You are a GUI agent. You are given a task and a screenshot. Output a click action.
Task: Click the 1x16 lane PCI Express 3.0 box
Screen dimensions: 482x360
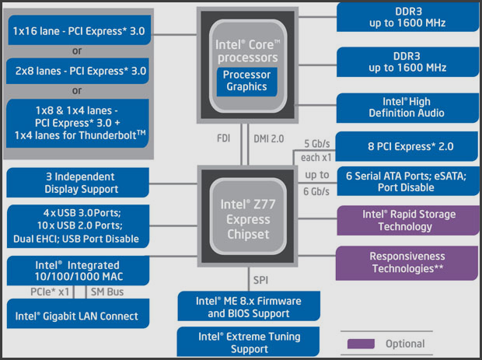pos(79,30)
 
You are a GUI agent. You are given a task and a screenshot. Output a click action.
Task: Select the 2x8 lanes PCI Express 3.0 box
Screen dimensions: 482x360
pos(78,71)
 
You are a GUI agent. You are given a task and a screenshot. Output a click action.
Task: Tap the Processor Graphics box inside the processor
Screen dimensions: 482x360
pos(247,82)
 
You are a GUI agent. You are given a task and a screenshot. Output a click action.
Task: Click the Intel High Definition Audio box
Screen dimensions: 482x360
pos(407,108)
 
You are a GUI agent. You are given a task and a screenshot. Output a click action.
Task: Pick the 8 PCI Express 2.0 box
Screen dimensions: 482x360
pos(407,146)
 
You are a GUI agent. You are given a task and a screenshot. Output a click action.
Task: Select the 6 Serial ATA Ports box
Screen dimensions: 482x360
pos(408,181)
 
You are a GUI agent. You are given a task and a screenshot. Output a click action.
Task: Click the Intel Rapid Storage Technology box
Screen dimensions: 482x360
pos(408,220)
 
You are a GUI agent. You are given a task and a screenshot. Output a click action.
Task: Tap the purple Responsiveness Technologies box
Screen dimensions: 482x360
pos(407,263)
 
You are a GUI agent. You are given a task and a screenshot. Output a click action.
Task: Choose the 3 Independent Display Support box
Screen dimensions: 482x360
pos(78,183)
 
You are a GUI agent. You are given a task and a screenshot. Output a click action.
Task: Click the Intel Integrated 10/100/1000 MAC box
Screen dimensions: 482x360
pos(78,271)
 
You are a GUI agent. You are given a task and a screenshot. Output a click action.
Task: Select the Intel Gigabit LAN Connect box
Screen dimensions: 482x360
pos(78,313)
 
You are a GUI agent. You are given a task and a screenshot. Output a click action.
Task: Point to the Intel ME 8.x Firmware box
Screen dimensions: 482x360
pos(249,306)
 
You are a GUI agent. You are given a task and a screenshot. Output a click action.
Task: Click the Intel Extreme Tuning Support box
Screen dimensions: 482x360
pos(248,341)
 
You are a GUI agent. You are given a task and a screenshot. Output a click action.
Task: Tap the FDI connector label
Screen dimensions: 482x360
pos(223,138)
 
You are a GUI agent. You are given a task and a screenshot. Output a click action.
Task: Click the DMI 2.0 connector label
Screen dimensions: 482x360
pos(269,139)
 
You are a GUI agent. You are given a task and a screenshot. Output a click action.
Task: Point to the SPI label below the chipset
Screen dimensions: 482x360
pos(260,280)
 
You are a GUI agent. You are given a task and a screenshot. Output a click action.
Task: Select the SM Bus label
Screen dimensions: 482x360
pos(107,292)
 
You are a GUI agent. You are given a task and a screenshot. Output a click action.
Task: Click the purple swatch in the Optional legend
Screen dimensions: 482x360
pos(361,344)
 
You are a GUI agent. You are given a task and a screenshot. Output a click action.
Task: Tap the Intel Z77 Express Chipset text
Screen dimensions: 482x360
pos(248,219)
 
